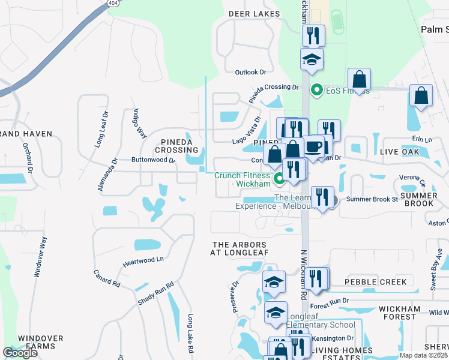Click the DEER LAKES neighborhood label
click(255, 13)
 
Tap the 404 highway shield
click(113, 4)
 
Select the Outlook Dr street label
click(250, 72)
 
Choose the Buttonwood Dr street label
click(153, 160)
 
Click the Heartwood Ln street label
click(143, 260)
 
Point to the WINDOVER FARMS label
click(40, 343)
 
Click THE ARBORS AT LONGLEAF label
click(238, 248)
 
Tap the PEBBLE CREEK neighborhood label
click(375, 282)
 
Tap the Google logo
click(20, 353)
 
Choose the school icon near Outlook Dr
click(312, 59)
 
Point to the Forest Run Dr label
click(330, 301)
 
